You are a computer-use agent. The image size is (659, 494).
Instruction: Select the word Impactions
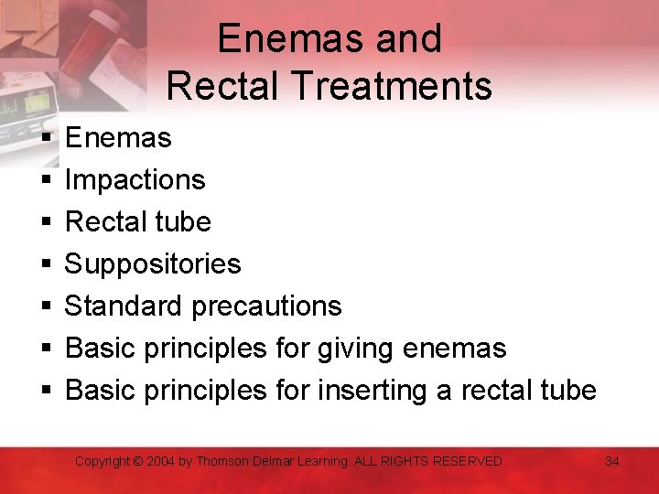pos(135,179)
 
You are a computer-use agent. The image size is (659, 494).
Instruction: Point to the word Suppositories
pos(153,264)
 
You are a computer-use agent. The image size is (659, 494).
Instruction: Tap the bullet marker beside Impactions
pos(45,180)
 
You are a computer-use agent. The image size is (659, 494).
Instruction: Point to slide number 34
pos(612,462)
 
